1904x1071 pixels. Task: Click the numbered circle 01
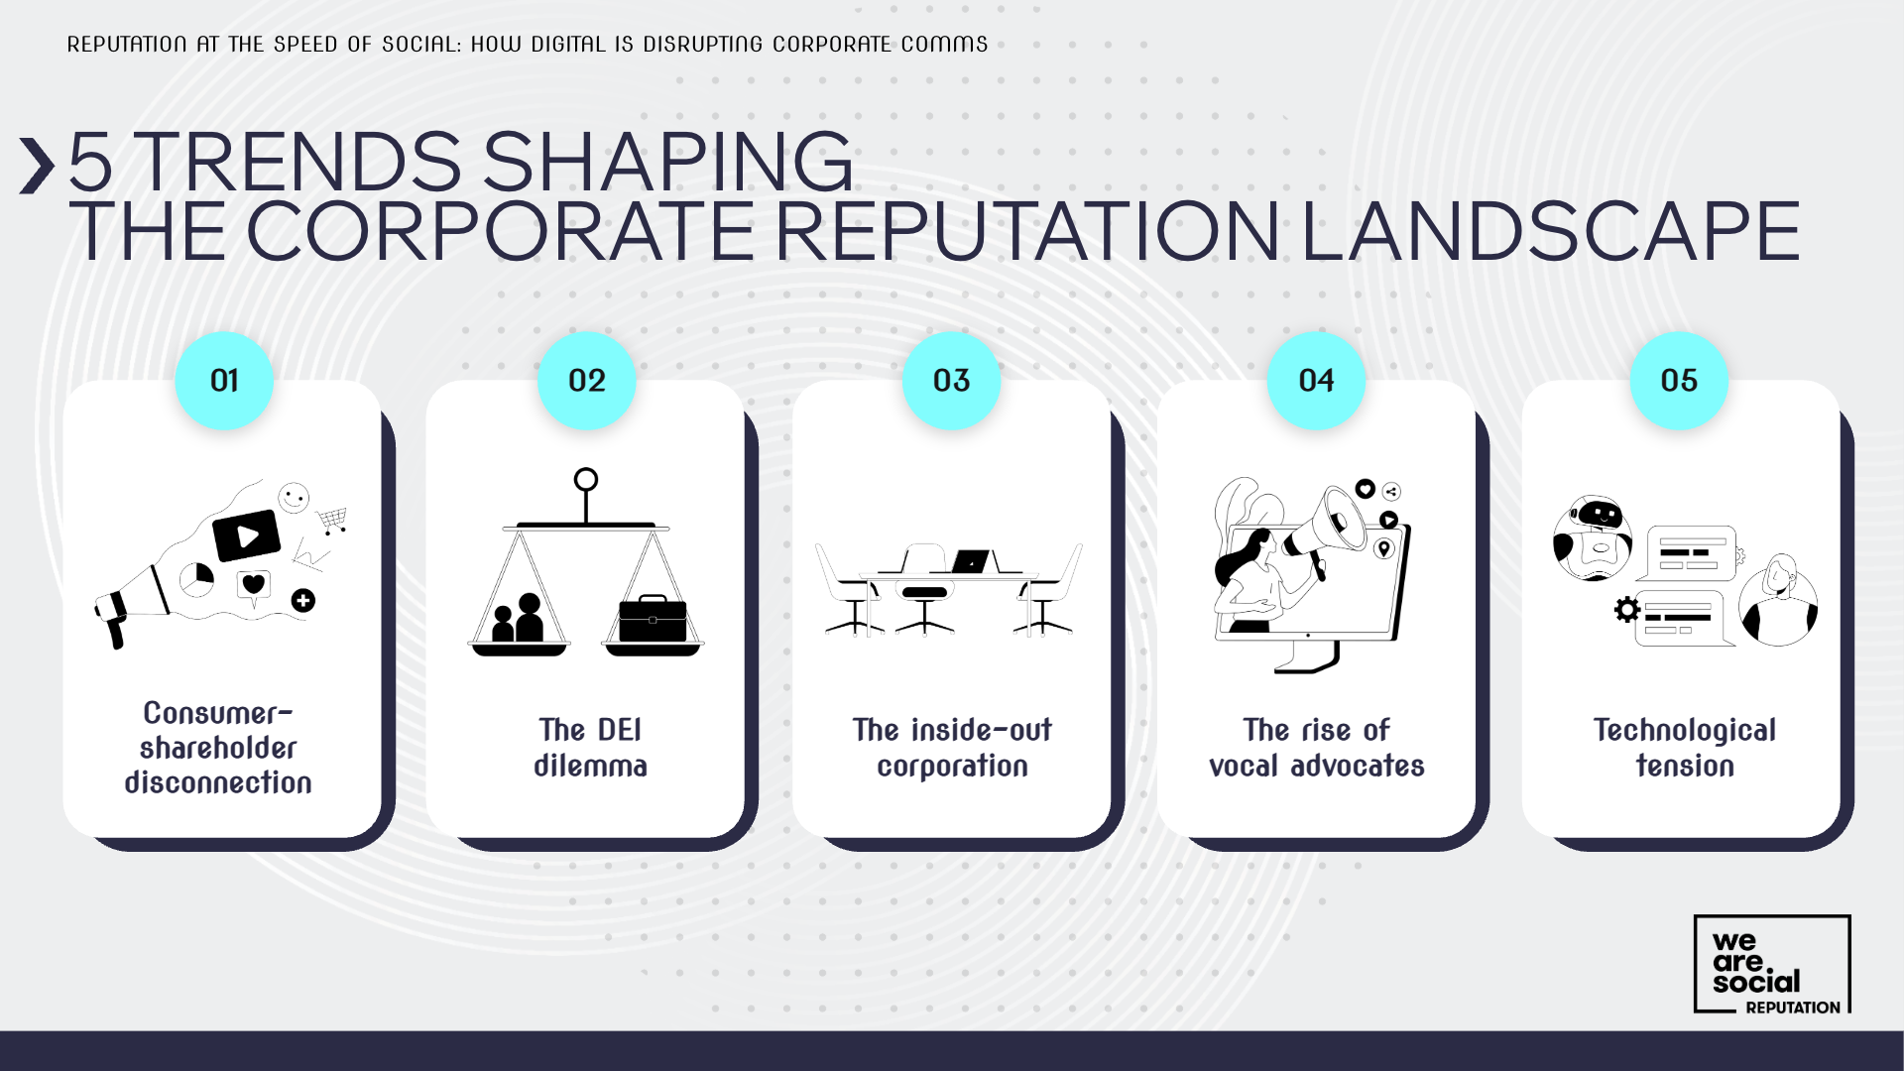point(224,381)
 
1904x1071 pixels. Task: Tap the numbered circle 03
point(951,381)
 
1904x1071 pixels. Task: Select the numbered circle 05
point(1679,381)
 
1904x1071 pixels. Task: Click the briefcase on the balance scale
point(653,620)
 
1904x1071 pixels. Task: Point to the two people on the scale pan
point(519,619)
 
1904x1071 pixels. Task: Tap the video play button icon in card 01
point(247,536)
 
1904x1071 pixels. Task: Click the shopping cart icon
point(333,519)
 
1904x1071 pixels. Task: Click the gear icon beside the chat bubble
point(1626,609)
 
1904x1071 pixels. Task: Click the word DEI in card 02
point(619,730)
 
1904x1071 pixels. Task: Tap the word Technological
point(1684,730)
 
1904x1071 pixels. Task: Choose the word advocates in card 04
point(1357,766)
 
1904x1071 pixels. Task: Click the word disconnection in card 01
point(218,782)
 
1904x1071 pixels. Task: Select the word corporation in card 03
point(952,766)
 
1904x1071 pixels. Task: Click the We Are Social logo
point(1771,964)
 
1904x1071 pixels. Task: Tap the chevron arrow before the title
point(37,165)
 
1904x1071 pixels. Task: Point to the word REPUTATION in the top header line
point(127,45)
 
